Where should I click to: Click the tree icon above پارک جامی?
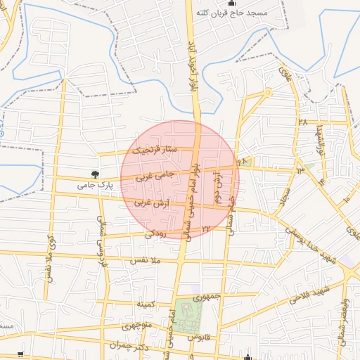(95, 174)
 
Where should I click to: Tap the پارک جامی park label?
(95, 185)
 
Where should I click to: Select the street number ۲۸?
(303, 121)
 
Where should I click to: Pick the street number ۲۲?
(206, 228)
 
